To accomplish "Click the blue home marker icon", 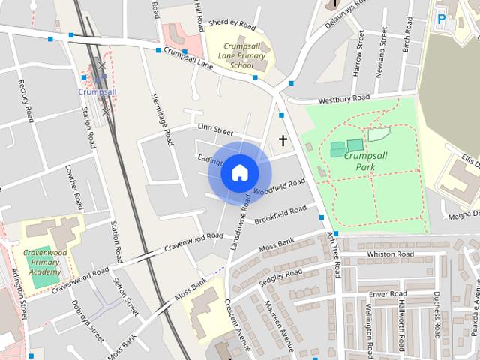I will coord(239,172).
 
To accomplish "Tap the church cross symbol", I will coord(283,140).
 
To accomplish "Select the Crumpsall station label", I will coord(97,91).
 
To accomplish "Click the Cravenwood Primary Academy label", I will coord(44,262).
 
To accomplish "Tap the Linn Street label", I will coord(215,130).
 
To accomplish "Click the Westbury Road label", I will coord(344,98).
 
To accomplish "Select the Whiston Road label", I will coord(389,255).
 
